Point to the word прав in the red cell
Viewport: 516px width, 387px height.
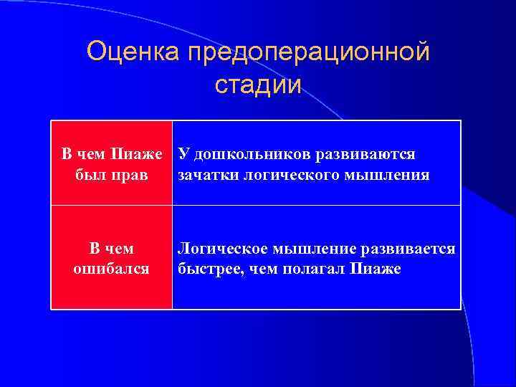(x=133, y=175)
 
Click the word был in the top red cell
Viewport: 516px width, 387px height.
(x=90, y=175)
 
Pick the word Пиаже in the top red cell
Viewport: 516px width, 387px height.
(x=143, y=155)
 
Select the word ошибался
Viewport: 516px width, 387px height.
(x=111, y=269)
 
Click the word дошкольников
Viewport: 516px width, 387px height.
(x=242, y=155)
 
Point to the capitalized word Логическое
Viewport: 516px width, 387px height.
(x=221, y=249)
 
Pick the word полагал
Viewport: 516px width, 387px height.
(x=312, y=269)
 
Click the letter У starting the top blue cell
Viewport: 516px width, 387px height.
(x=183, y=155)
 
